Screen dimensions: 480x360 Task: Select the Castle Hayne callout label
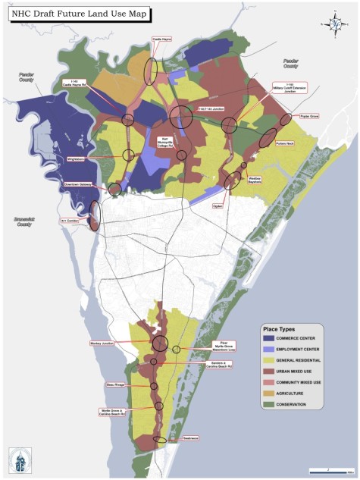[162, 38]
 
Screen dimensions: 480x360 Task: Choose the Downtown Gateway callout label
[77, 184]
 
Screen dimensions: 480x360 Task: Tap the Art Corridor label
[70, 221]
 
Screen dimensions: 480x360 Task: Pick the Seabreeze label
[189, 438]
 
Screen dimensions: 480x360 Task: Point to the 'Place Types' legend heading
[280, 328]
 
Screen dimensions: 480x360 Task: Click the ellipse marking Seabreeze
[159, 440]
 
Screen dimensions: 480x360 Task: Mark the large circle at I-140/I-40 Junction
[181, 117]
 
